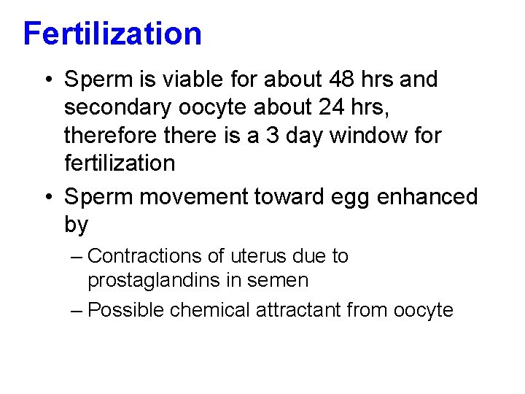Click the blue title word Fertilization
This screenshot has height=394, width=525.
[112, 34]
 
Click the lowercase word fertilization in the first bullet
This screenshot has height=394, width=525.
[120, 163]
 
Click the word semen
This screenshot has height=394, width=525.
[283, 280]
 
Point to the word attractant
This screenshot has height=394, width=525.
[298, 310]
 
